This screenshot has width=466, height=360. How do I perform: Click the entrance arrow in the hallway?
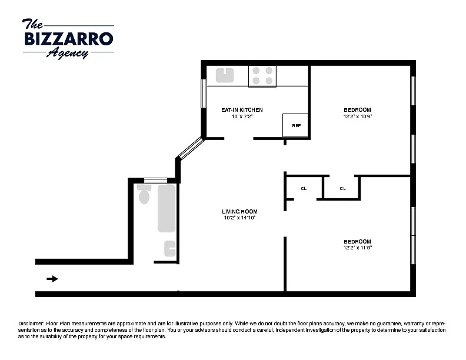point(52,279)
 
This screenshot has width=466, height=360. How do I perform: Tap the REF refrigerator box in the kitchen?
point(295,125)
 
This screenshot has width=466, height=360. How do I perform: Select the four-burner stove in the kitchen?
point(262,76)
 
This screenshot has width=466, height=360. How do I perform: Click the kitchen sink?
point(225,75)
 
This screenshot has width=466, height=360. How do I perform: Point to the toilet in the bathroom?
point(144,194)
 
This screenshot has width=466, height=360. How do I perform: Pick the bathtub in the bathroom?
point(167,208)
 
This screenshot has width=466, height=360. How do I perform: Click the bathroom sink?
point(170,249)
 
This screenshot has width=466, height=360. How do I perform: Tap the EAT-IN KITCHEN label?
point(242,110)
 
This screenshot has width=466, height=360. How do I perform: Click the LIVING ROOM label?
point(239,212)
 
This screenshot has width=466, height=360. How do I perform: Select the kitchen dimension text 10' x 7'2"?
point(242,116)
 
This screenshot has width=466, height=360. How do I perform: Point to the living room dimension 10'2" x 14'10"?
point(239,218)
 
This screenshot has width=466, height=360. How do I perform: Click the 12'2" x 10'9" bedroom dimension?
point(358,116)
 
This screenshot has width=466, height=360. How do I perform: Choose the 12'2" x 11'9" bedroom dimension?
point(358,248)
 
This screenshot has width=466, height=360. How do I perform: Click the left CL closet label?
point(304,188)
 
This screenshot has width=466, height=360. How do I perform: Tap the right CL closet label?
point(342,188)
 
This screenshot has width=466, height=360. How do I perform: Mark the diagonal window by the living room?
point(191,148)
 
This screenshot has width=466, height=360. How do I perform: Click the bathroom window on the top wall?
point(155,181)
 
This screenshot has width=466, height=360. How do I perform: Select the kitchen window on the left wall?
point(204,94)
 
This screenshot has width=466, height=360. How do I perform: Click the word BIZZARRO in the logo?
point(69,39)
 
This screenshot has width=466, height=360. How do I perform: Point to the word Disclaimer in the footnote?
point(32,324)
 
